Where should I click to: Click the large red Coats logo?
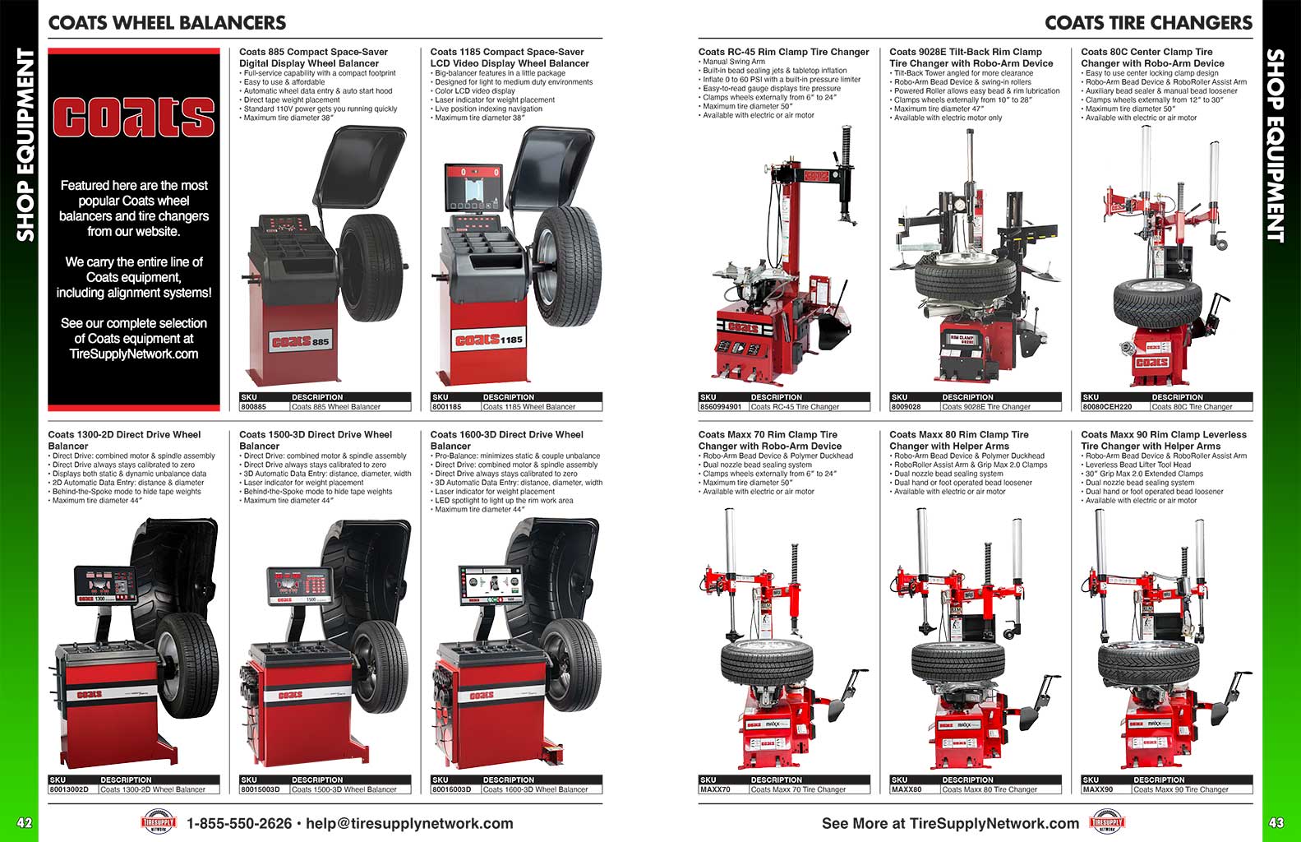pyautogui.click(x=134, y=117)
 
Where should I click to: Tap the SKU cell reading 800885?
pyautogui.click(x=253, y=406)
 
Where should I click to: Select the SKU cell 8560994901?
pyautogui.click(x=721, y=406)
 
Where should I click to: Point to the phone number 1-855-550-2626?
pyautogui.click(x=239, y=823)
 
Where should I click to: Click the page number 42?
pyautogui.click(x=25, y=822)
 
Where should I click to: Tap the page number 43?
pyautogui.click(x=1276, y=822)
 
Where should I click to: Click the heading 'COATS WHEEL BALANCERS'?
pyautogui.click(x=167, y=23)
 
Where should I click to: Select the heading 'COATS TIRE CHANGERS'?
pyautogui.click(x=1148, y=23)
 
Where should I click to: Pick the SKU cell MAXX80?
pyautogui.click(x=907, y=789)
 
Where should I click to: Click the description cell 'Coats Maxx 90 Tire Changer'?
pyautogui.click(x=1181, y=789)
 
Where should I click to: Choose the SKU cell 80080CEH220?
pyautogui.click(x=1107, y=406)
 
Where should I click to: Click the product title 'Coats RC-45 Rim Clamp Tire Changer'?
pyautogui.click(x=783, y=52)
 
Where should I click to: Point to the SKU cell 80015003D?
pyautogui.click(x=260, y=789)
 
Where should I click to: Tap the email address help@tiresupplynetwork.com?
pyautogui.click(x=409, y=823)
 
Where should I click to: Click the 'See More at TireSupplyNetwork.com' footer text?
pyautogui.click(x=950, y=823)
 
